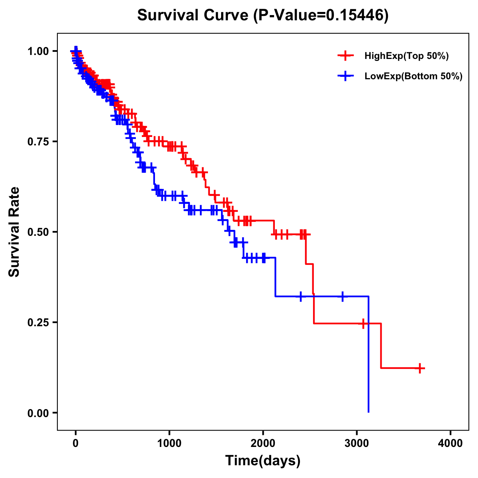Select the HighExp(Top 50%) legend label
click(x=407, y=56)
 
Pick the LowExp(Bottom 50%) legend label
click(x=413, y=76)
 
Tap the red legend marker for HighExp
click(x=345, y=56)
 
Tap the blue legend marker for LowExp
click(x=345, y=76)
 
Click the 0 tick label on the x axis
click(x=76, y=444)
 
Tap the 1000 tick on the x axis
click(x=169, y=444)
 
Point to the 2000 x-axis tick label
click(x=263, y=444)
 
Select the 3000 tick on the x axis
click(x=357, y=444)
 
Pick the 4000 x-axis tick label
click(x=451, y=444)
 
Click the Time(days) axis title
click(x=263, y=461)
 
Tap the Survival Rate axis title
click(x=15, y=232)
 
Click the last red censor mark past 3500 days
click(x=420, y=368)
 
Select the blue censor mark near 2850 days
click(x=342, y=296)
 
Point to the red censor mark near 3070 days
click(x=363, y=323)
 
